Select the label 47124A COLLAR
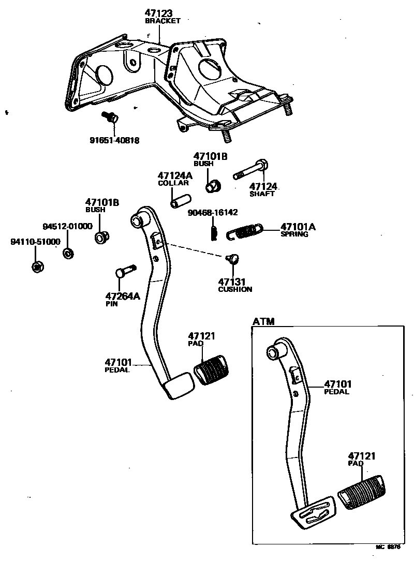click(x=175, y=179)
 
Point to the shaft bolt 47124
click(x=251, y=170)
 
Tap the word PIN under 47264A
click(x=111, y=304)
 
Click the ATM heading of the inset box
click(x=263, y=322)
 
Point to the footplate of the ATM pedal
click(x=313, y=512)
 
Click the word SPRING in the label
click(x=294, y=234)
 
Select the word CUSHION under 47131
click(x=235, y=289)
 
